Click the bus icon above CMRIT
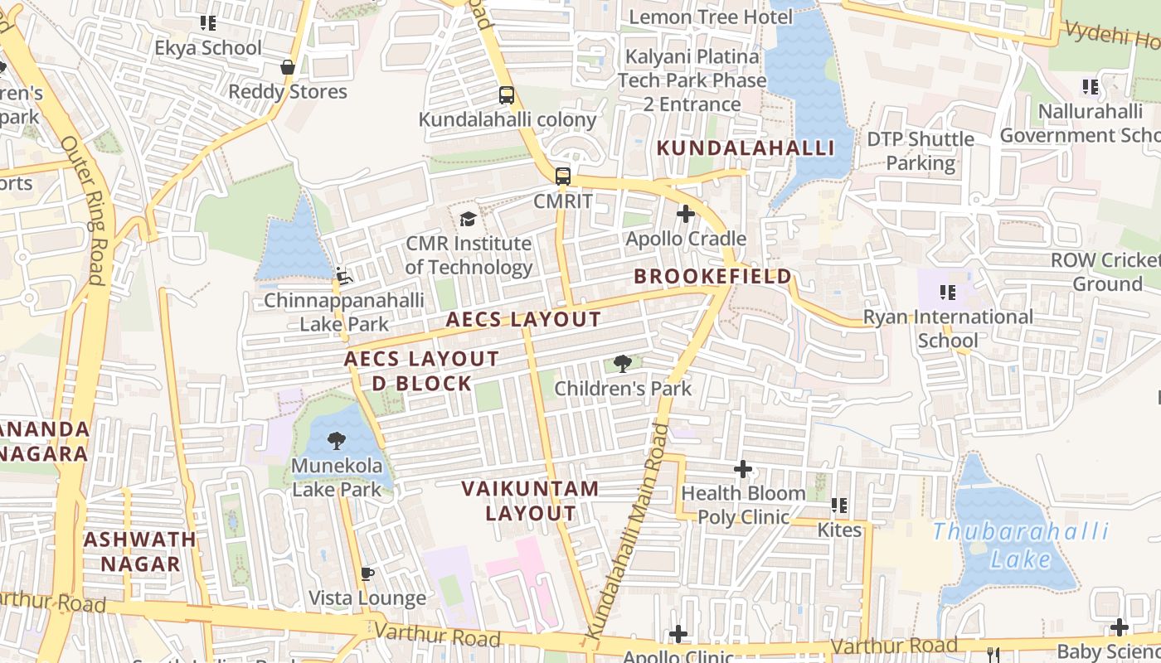(x=563, y=176)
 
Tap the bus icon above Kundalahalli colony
(x=507, y=95)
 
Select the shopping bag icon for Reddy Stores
(x=288, y=67)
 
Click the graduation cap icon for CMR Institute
(x=469, y=219)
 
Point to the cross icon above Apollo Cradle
(x=685, y=214)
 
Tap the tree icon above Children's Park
(x=622, y=363)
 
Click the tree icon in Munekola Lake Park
(x=337, y=440)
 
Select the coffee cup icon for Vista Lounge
(x=367, y=573)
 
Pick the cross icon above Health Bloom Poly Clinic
(x=743, y=469)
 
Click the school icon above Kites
(x=839, y=505)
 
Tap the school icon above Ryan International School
(x=948, y=292)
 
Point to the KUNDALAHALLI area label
(x=746, y=148)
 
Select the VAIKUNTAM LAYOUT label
(x=531, y=501)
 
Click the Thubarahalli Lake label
(x=1021, y=544)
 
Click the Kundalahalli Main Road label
(x=629, y=530)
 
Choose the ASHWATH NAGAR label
(x=140, y=552)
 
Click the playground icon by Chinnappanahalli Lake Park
(x=343, y=274)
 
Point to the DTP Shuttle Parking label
(x=921, y=151)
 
